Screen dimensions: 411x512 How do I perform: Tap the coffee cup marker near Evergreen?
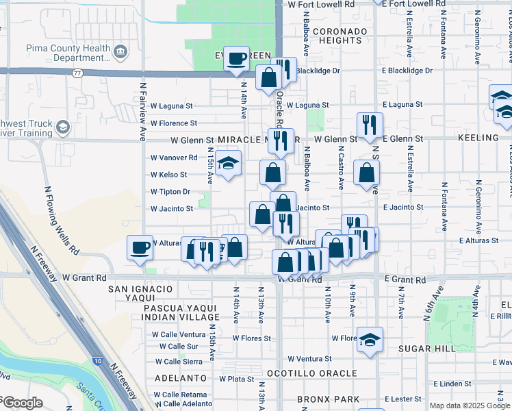pyautogui.click(x=236, y=59)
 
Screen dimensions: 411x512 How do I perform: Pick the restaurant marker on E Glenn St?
pyautogui.click(x=369, y=125)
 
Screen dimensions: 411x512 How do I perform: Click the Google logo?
pyautogui.click(x=22, y=403)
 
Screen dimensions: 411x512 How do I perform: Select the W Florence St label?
pyautogui.click(x=174, y=123)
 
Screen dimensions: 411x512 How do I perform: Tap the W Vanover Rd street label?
pyautogui.click(x=174, y=158)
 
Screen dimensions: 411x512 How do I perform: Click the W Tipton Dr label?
pyautogui.click(x=170, y=192)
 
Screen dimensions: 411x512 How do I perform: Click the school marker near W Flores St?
pyautogui.click(x=370, y=340)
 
